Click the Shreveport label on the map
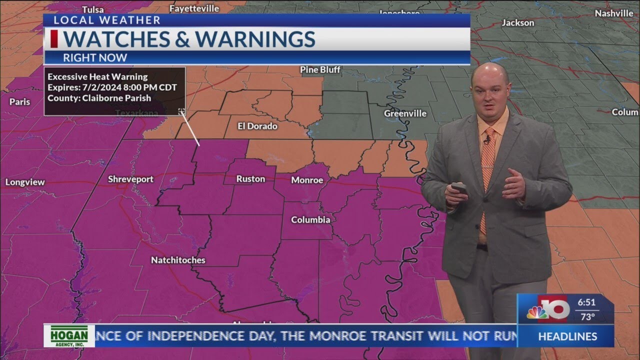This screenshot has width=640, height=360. click(x=130, y=179)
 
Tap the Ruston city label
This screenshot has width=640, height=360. click(x=250, y=178)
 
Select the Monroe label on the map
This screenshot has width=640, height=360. click(x=307, y=180)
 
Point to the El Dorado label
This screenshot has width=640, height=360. click(x=257, y=126)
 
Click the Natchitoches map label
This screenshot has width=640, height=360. click(x=178, y=260)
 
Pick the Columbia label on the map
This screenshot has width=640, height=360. click(x=310, y=219)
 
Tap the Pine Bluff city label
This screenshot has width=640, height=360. click(x=320, y=69)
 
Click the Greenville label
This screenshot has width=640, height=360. click(x=405, y=113)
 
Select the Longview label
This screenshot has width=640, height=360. click(x=25, y=182)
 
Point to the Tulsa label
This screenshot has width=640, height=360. click(x=93, y=9)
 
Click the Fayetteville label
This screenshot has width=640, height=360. click(x=194, y=8)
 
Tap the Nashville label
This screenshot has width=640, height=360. click(x=614, y=13)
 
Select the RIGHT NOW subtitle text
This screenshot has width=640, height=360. click(x=95, y=57)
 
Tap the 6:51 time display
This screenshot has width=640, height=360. click(x=586, y=302)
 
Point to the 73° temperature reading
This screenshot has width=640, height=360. click(x=587, y=316)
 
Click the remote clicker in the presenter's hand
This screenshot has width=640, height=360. click(x=459, y=188)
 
